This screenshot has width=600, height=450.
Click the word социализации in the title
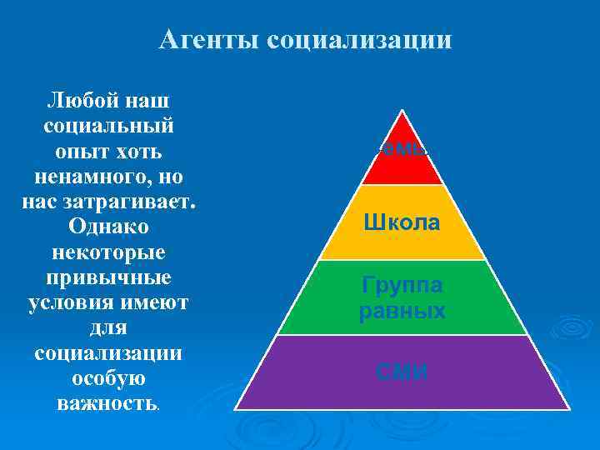[360, 40]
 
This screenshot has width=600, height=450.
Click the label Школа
[402, 222]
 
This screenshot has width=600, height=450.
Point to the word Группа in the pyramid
[402, 286]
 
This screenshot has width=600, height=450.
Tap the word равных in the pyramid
[402, 312]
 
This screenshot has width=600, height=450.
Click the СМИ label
[402, 372]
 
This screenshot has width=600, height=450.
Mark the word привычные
[107, 277]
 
